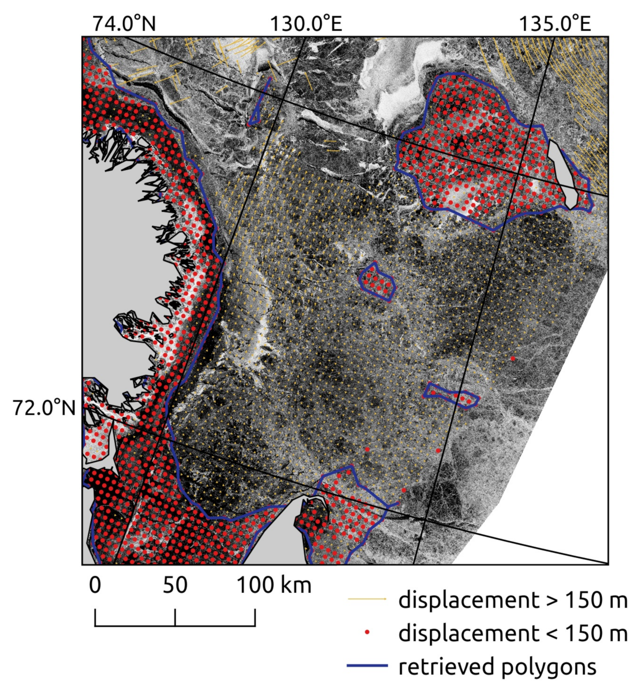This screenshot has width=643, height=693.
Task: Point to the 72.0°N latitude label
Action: click(44, 408)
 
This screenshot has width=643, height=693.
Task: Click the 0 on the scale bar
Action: click(95, 585)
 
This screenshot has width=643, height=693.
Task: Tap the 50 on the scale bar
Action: click(175, 585)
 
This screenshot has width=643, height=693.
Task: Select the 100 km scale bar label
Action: click(274, 585)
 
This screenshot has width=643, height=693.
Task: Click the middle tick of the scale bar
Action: click(175, 617)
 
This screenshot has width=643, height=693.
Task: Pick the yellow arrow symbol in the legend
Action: click(367, 599)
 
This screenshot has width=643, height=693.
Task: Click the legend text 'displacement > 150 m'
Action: click(513, 600)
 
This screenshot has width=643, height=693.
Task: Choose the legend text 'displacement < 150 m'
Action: click(513, 633)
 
